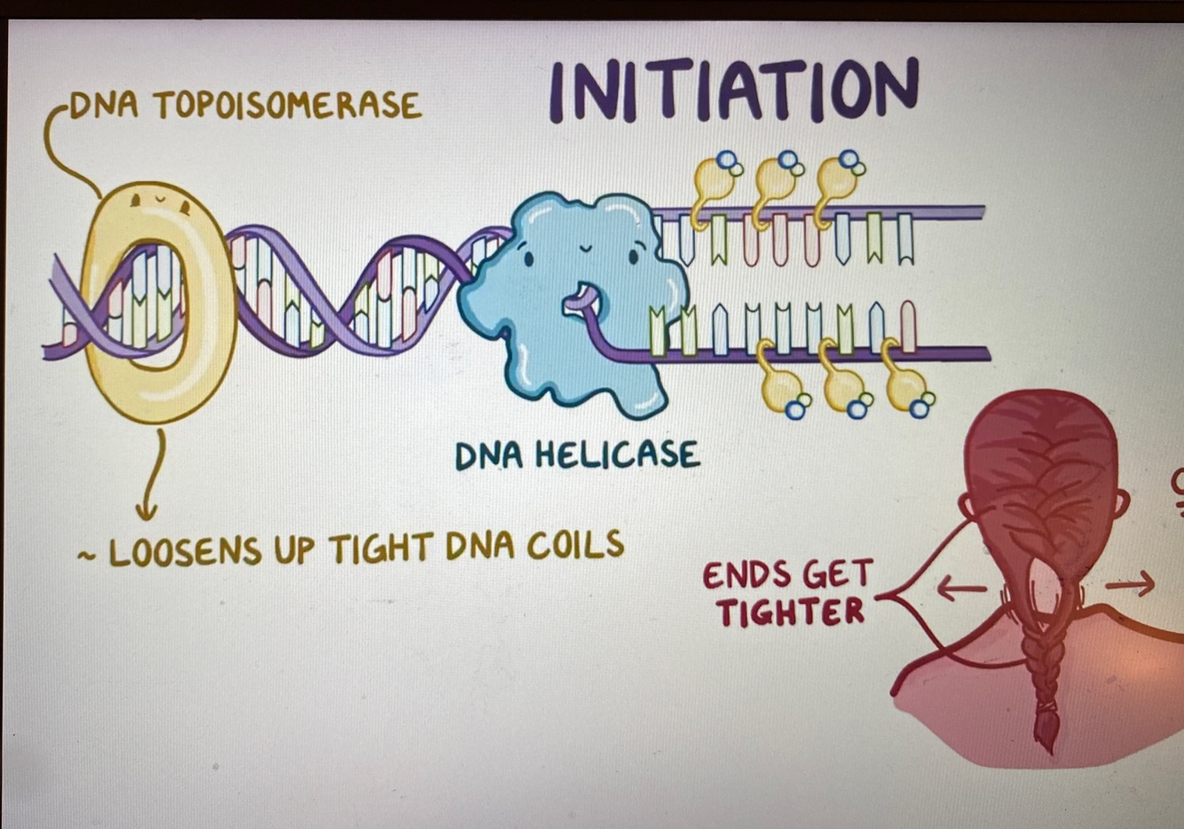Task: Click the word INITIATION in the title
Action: (733, 90)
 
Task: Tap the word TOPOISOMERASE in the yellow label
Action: (287, 106)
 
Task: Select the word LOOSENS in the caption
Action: (185, 551)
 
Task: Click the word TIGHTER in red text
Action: (791, 612)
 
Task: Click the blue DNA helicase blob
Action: (577, 302)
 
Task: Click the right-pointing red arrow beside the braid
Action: (1130, 583)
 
